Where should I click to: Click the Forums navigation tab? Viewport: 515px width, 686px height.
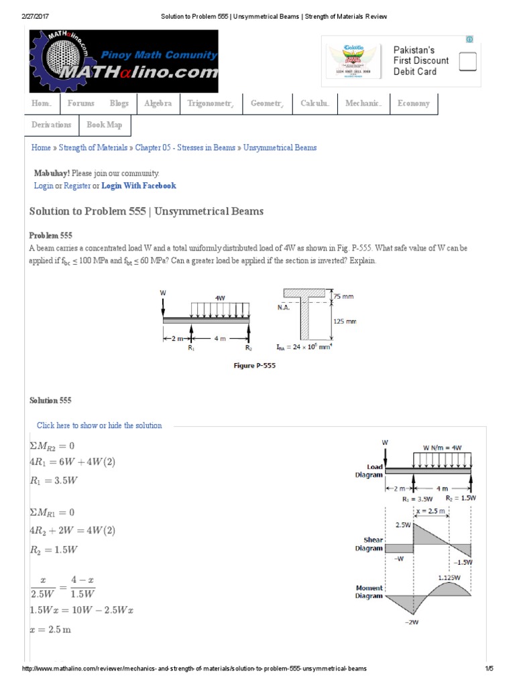(x=80, y=104)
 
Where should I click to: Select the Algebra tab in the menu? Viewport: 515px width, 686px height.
(x=158, y=104)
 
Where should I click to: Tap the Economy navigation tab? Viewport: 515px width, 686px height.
(x=413, y=104)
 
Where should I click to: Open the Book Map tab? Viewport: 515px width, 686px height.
(x=105, y=125)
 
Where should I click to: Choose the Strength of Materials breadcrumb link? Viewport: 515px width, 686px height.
(x=95, y=147)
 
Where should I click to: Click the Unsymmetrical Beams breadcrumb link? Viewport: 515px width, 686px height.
(x=280, y=147)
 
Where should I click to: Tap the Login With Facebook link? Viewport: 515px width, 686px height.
(x=139, y=186)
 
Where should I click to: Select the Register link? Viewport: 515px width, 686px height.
(x=77, y=186)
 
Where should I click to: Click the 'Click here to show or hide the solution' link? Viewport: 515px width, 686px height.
(x=99, y=425)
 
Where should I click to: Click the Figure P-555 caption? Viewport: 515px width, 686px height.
(x=253, y=366)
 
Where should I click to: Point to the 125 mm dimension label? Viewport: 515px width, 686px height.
(x=345, y=322)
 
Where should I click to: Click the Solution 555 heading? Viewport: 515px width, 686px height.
(x=50, y=400)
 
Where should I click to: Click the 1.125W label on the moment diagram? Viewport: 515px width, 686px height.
(x=450, y=577)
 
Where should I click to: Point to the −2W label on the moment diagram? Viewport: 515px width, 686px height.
(x=412, y=622)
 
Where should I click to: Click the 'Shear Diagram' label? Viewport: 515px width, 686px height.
(x=369, y=543)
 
